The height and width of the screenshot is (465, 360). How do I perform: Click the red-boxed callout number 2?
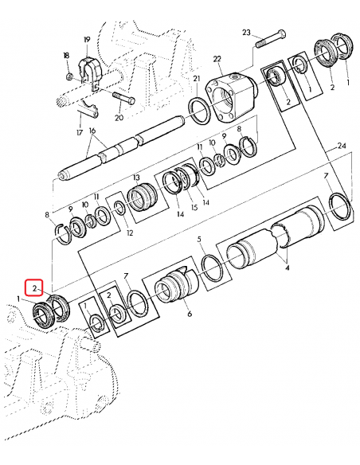coord(35,287)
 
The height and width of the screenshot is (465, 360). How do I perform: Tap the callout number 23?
coord(246,33)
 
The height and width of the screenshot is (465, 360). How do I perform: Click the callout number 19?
coord(87,39)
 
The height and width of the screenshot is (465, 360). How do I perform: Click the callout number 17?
coord(79,133)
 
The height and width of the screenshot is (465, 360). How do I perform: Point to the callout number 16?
coord(92,131)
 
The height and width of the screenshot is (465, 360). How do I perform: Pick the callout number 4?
coord(287,268)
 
